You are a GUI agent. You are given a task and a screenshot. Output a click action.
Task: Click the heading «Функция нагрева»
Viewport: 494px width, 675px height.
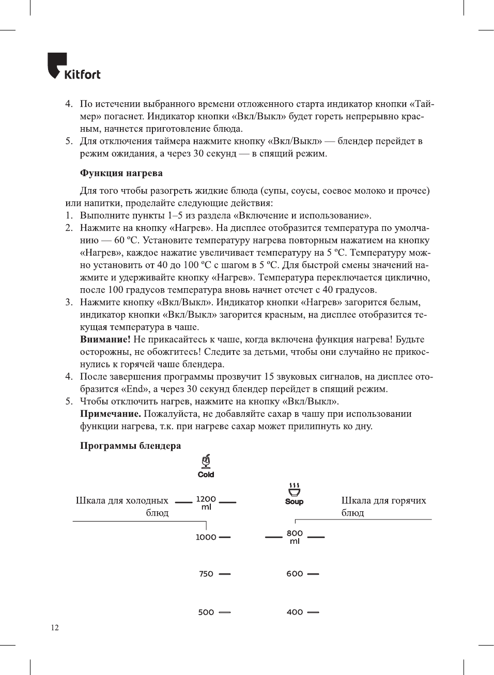coord(121,173)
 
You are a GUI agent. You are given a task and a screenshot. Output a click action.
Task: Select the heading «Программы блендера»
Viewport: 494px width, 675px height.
coord(130,446)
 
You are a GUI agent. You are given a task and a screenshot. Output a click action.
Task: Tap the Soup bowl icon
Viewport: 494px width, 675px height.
coord(294,489)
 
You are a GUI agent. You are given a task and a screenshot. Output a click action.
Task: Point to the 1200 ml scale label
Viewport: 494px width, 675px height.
coord(206,503)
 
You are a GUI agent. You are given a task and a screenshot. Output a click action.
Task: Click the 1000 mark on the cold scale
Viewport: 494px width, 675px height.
coord(206,537)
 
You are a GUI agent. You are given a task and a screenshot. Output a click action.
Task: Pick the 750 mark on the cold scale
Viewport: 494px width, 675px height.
coord(206,574)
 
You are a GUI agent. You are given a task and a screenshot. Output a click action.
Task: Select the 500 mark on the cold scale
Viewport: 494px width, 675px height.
coord(206,613)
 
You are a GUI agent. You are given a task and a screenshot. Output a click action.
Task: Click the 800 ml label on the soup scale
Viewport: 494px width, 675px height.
coord(295,537)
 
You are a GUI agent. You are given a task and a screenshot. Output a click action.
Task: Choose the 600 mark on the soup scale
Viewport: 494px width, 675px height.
coord(295,574)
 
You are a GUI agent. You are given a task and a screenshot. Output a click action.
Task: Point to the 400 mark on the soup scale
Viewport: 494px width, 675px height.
coord(295,613)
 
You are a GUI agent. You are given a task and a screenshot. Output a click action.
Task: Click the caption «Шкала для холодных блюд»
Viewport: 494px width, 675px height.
coord(122,506)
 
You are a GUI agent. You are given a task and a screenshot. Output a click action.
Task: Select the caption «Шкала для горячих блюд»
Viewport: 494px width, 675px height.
coord(383,506)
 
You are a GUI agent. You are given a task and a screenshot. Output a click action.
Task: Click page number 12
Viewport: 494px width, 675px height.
coord(55,627)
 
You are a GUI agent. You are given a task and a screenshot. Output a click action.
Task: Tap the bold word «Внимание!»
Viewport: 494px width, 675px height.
coord(105,339)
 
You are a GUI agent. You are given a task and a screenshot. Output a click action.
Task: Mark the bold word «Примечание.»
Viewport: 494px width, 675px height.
coord(110,414)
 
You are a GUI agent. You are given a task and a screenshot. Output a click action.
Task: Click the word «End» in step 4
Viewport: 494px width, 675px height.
coord(135,389)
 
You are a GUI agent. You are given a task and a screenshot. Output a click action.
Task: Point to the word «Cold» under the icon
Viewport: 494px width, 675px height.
coord(206,475)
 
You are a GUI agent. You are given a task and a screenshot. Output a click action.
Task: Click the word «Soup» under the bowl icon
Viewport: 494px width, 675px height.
coord(294,501)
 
